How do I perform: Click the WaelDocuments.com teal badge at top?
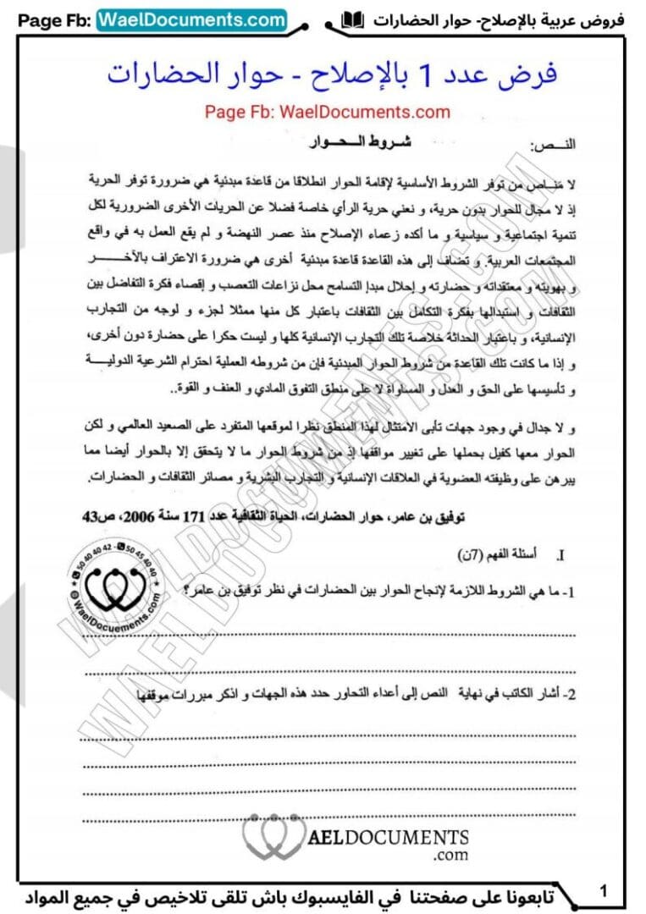click(192, 19)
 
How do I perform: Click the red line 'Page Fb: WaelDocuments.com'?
click(327, 111)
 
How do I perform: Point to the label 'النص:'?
click(552, 145)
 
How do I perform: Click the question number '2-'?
click(569, 693)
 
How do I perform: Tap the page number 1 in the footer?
click(603, 890)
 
